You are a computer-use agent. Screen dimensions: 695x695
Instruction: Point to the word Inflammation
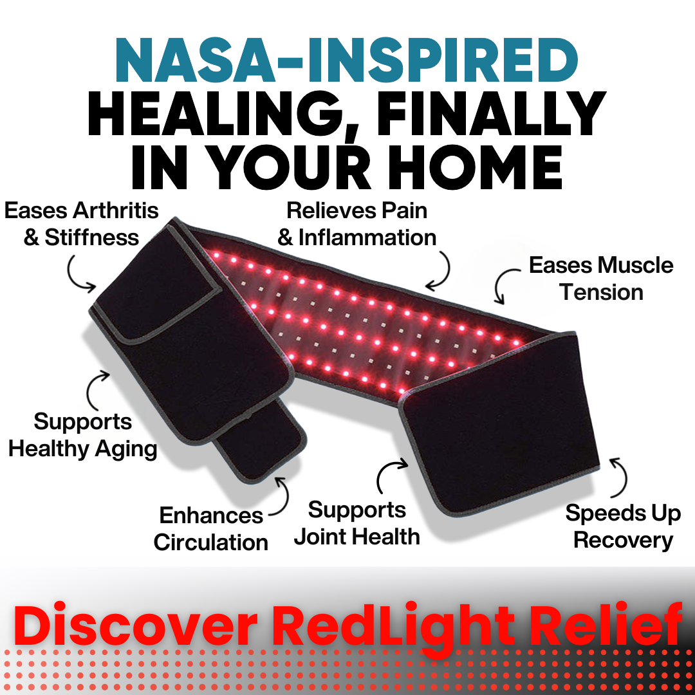click(x=367, y=237)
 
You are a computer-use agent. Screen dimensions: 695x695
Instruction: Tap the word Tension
click(x=601, y=292)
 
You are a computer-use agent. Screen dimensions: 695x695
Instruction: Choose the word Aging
click(x=125, y=449)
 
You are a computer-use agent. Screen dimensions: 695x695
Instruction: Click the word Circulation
click(x=210, y=542)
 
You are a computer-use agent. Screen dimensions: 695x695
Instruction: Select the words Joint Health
click(x=357, y=537)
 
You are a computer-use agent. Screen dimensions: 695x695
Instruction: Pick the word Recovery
click(x=622, y=540)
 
